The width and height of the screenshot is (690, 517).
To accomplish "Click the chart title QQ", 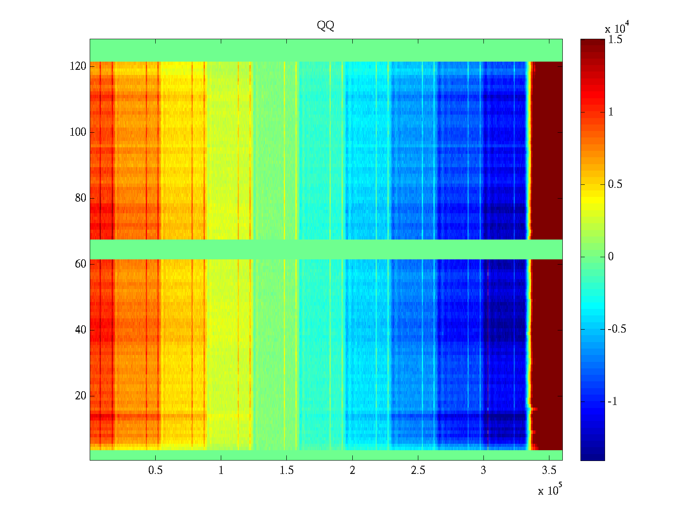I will tap(326, 26).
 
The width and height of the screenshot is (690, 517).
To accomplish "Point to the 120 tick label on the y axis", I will tap(78, 66).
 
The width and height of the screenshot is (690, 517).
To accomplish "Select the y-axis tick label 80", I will tap(81, 198).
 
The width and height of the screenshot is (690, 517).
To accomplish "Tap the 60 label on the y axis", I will tap(81, 264).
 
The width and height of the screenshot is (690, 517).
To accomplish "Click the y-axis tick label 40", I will tap(81, 330).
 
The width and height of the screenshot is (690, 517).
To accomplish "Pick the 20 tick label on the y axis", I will tap(81, 396).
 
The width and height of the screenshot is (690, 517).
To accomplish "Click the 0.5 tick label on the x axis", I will tap(155, 470).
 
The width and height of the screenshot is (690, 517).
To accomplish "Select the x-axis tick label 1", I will tap(221, 470).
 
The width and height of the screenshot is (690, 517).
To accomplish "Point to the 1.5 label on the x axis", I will tap(286, 470).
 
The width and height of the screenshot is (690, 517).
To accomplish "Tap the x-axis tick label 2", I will tap(352, 470).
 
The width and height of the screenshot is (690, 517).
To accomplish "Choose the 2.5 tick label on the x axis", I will tap(418, 470).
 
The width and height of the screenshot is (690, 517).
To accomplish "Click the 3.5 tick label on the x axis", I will tap(549, 470).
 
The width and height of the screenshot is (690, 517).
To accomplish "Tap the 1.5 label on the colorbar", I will tap(615, 40).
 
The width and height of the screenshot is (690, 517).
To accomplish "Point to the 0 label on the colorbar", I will tap(611, 257).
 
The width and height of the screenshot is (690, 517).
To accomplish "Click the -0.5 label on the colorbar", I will tap(617, 329).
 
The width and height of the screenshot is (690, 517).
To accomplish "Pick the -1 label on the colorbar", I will tap(612, 402).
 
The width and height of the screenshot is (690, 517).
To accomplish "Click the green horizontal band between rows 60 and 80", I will tap(326, 249).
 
